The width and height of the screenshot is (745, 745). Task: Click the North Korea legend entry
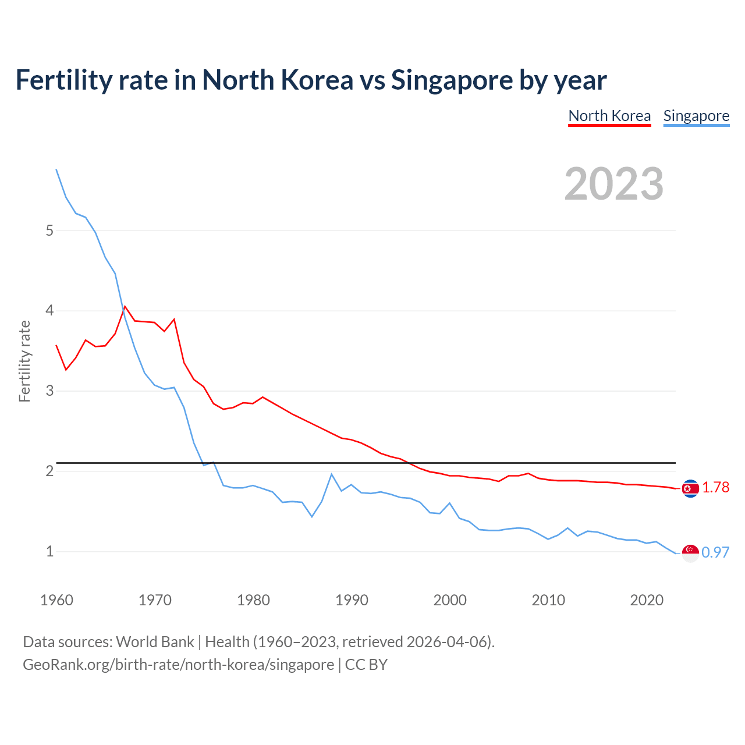tap(609, 116)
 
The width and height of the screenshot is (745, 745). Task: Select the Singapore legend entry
tap(696, 116)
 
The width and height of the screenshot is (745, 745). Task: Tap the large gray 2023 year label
tap(613, 184)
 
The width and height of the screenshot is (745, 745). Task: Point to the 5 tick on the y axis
tap(49, 230)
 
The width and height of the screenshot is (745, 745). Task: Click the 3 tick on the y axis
tap(49, 391)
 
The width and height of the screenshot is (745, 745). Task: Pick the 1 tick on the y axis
tap(49, 551)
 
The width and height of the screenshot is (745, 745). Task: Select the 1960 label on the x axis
tap(56, 600)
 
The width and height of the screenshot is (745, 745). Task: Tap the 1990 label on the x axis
tap(352, 600)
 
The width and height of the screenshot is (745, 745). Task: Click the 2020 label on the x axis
tap(647, 600)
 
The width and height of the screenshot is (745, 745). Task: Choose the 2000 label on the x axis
tap(450, 600)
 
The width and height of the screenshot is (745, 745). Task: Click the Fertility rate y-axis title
tap(24, 361)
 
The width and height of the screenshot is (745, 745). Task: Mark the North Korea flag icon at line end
tap(690, 488)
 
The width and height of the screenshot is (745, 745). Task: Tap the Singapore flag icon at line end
tap(690, 553)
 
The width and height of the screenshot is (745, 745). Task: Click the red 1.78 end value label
tap(715, 488)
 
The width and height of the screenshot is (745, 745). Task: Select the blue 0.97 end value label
tap(715, 552)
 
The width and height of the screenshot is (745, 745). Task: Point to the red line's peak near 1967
tap(125, 306)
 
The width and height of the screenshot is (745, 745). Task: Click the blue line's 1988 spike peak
tap(332, 474)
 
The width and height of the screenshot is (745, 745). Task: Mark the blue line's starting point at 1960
tap(56, 169)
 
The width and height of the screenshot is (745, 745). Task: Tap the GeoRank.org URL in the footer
tap(178, 665)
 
